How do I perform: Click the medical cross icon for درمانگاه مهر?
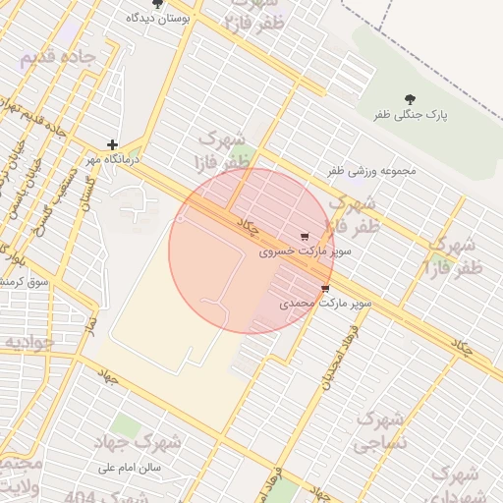point(113,144)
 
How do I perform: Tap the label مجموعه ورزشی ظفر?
point(372,171)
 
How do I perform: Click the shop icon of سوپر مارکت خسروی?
point(305,237)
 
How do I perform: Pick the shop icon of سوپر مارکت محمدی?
point(325,289)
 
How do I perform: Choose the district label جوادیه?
point(29,343)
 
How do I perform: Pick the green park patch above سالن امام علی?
point(125,426)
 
